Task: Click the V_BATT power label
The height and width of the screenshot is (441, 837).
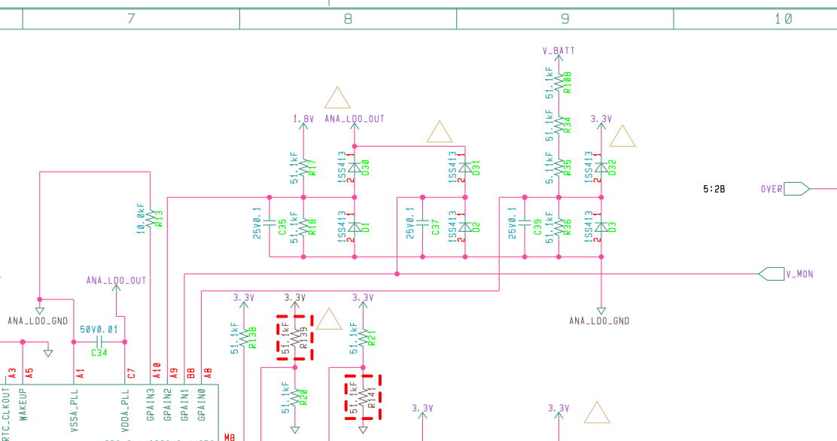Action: (559, 51)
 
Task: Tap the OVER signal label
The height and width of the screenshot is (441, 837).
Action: (772, 189)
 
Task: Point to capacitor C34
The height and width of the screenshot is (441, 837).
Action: (99, 342)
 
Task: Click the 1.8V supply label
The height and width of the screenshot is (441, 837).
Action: (303, 119)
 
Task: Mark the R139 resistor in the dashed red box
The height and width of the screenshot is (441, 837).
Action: (294, 338)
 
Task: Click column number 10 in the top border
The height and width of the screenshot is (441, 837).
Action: (783, 19)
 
